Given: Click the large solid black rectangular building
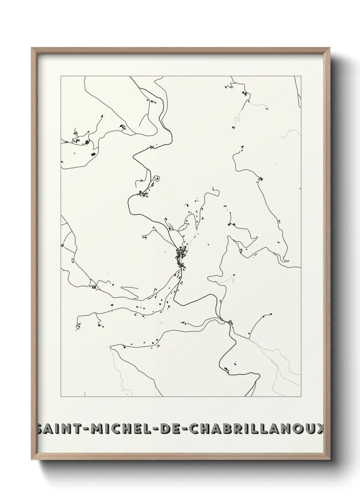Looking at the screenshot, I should point(93,154).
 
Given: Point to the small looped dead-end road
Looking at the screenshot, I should point(157,178).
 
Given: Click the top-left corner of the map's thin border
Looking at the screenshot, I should point(61,76).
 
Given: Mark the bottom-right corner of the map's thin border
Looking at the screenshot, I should point(301,397).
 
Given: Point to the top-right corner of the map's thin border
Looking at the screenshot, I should point(301,76).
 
